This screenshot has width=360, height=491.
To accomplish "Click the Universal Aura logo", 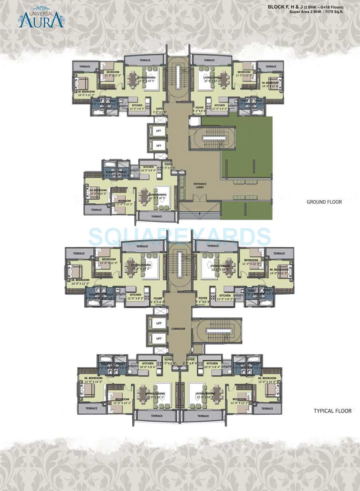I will click(41, 18).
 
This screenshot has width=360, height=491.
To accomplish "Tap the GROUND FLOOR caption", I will click(324, 202).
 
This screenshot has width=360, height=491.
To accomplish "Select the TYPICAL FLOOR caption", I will click(332, 411).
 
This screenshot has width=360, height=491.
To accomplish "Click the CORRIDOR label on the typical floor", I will click(178, 329).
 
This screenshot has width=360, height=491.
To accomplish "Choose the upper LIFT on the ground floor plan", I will click(158, 131).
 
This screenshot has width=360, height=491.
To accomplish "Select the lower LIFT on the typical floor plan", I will click(158, 339).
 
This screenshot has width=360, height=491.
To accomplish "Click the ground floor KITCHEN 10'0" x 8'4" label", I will click(148, 168).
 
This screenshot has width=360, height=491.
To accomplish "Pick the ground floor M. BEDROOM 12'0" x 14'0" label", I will click(98, 192).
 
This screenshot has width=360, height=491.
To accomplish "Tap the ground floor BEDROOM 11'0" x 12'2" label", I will click(124, 202).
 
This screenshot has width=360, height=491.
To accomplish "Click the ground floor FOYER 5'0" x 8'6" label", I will click(168, 166).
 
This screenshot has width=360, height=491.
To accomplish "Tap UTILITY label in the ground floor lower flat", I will click(135, 170).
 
